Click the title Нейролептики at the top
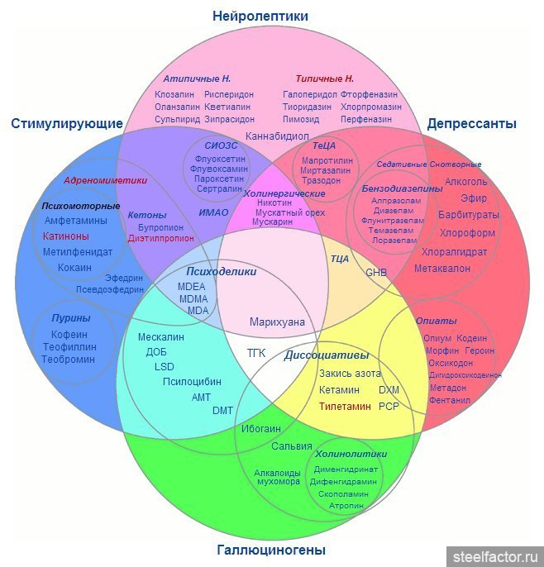point(260,16)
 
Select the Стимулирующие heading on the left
point(67,124)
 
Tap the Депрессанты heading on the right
point(471,124)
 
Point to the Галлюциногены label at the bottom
point(271,550)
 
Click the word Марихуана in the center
point(277,322)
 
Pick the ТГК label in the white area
point(257,353)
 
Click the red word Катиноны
point(65,236)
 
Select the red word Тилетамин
point(345,407)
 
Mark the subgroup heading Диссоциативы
point(326,356)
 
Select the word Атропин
point(346,505)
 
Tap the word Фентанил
point(450,400)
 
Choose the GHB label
point(376,272)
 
